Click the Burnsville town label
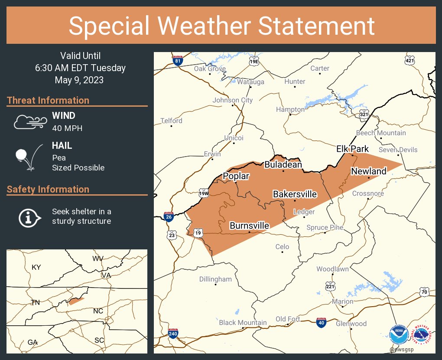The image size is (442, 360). [249, 226]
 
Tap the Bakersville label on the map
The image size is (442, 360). [295, 194]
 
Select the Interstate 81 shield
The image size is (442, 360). [177, 60]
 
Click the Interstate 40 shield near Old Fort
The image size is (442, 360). [321, 322]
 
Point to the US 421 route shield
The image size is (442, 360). [409, 60]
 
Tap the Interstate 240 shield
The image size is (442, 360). [173, 334]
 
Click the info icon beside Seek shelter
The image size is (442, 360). [29, 217]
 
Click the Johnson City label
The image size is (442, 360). [232, 100]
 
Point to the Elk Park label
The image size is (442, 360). [352, 149]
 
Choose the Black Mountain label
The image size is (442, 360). [243, 322]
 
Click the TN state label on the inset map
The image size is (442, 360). [35, 302]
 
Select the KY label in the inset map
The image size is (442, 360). [36, 267]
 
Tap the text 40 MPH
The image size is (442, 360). [67, 128]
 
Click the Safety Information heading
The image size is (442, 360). [48, 189]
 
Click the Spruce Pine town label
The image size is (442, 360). [325, 227]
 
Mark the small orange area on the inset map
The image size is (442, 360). [76, 301]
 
